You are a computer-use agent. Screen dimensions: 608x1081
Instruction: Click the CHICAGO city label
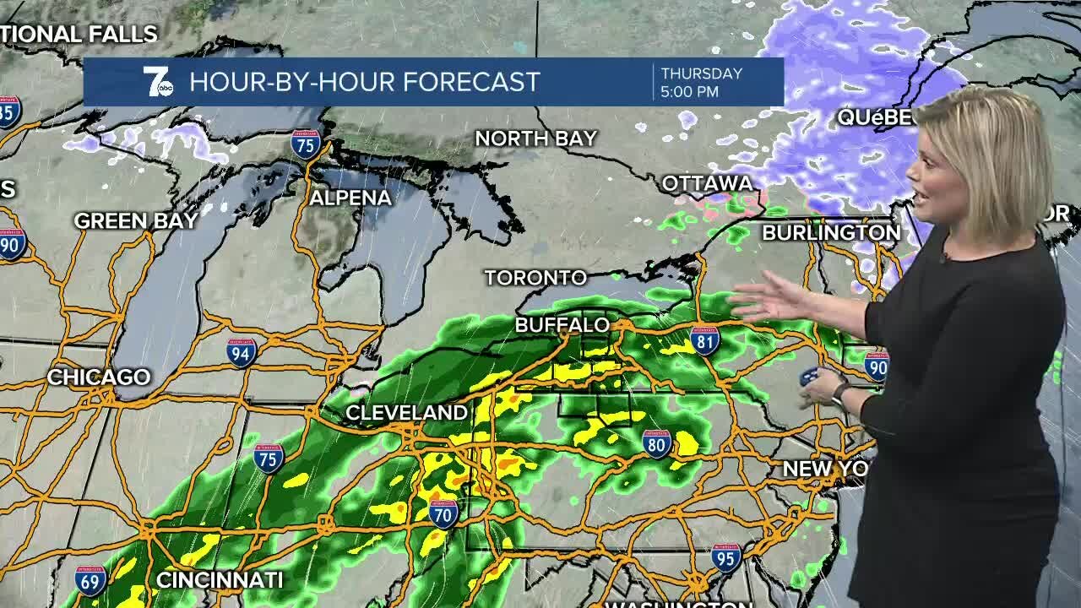[x=99, y=377]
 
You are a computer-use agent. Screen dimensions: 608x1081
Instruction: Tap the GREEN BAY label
[x=136, y=221]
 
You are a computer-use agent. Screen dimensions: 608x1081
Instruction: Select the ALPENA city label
[x=350, y=198]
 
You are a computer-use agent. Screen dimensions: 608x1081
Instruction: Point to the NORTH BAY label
[x=535, y=138]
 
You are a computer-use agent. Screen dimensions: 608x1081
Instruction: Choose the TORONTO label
[x=535, y=277]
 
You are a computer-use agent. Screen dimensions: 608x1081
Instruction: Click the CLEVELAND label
[x=406, y=413]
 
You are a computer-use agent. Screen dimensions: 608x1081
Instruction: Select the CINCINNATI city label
[x=220, y=580]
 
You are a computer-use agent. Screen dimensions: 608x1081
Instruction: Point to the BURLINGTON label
[x=831, y=232]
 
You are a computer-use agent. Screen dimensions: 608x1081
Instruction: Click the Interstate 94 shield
[x=242, y=353]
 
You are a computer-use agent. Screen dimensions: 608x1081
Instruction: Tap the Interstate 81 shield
[x=704, y=339]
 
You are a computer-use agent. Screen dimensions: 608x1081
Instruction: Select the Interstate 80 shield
[x=656, y=443]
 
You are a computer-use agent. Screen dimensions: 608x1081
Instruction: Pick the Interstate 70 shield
[x=443, y=513]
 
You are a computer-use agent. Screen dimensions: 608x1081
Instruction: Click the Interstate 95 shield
[x=726, y=558]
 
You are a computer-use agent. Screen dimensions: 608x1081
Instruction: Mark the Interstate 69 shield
[x=90, y=580]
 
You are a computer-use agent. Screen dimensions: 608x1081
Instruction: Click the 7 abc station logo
[x=157, y=82]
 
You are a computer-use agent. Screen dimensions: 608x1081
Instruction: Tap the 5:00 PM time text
[x=690, y=91]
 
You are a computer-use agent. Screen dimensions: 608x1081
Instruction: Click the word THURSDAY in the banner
[x=701, y=73]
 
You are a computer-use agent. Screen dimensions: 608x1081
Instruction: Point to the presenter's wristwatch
[x=839, y=394]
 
